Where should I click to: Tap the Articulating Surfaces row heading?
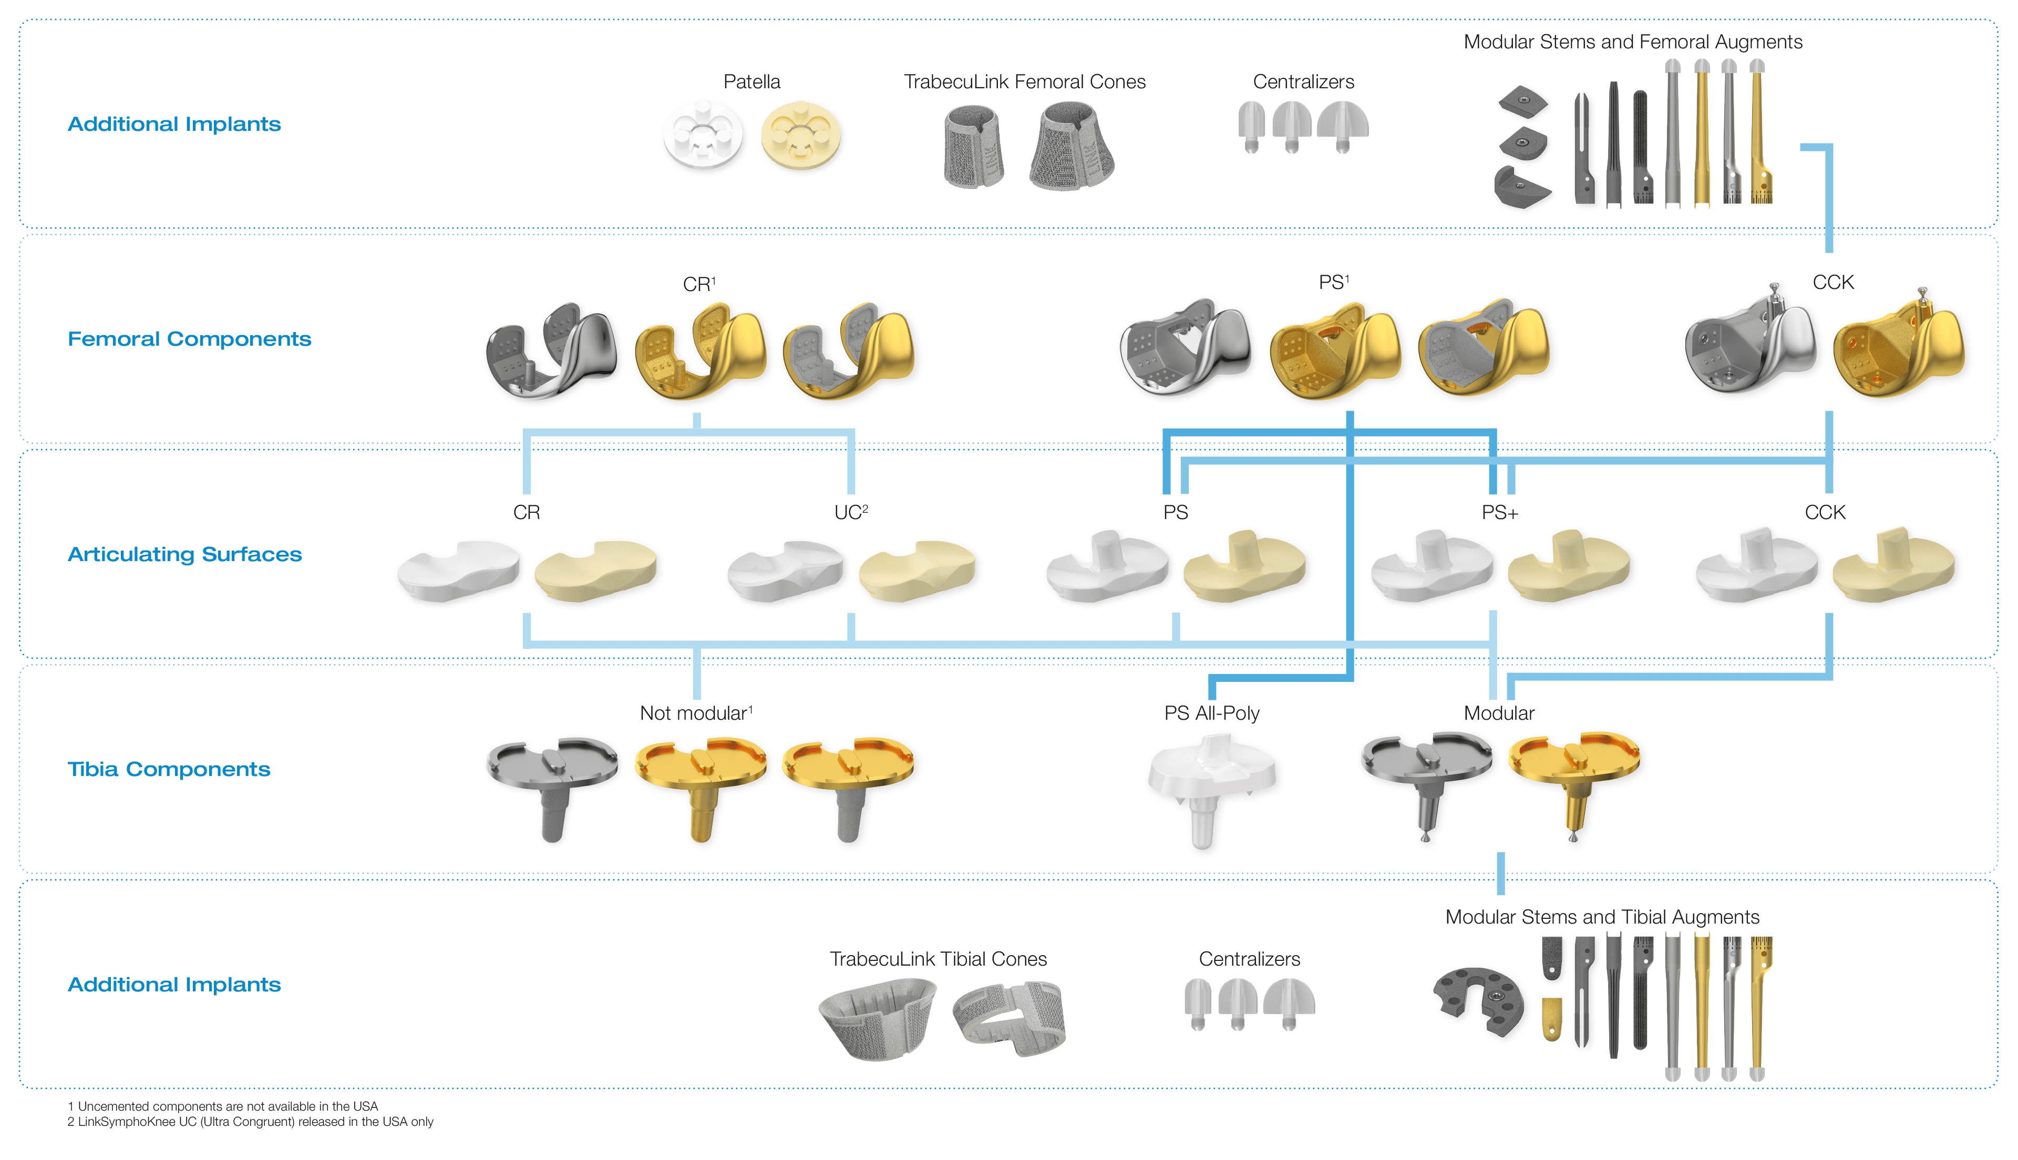185,554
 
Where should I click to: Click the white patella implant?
703,134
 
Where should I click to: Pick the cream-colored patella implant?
801,134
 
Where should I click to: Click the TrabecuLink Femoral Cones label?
1025,81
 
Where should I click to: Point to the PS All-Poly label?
1212,713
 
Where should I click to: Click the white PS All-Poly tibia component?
1211,789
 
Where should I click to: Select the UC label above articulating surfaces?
851,512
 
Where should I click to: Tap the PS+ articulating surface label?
1499,512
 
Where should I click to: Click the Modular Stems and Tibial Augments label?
1602,917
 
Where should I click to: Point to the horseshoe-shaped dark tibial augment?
1478,1001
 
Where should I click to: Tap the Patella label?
751,81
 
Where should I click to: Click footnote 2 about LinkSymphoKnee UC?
250,1122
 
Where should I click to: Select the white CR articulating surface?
458,569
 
